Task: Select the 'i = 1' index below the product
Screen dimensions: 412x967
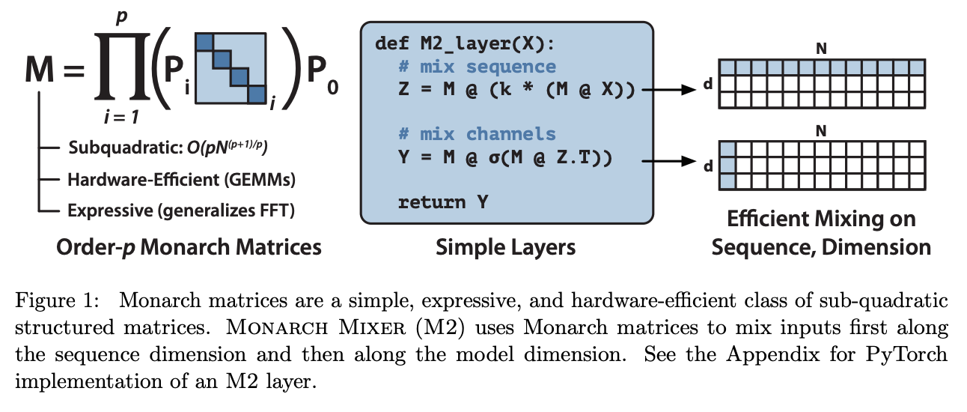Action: tap(118, 116)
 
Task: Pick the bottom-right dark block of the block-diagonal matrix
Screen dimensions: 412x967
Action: tap(257, 94)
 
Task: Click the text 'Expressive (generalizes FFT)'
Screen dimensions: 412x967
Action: tap(181, 210)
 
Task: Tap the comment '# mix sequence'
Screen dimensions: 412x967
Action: tap(477, 67)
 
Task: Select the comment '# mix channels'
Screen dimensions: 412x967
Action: tap(477, 134)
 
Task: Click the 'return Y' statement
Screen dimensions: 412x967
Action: tap(442, 202)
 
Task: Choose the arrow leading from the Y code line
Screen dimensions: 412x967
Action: tap(668, 159)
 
